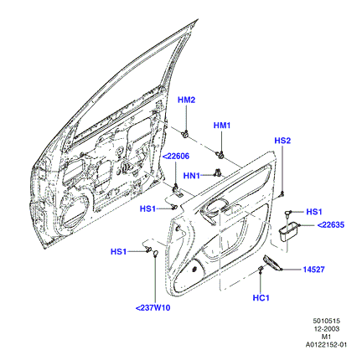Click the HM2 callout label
coord(186,100)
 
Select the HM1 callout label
coord(222,126)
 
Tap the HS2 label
coord(282,141)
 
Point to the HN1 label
coord(192,176)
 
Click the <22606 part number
coord(176,157)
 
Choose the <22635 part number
coord(331,224)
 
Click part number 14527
coord(314,270)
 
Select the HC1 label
coord(261,298)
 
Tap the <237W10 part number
coord(153,308)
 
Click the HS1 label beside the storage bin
coord(314,212)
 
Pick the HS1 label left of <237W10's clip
coord(118,252)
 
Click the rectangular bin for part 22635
coord(289,231)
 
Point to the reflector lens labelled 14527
coord(272,263)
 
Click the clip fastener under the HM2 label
coord(185,134)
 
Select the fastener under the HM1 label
coord(220,155)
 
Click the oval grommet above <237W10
coord(156,254)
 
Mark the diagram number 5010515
coord(326,321)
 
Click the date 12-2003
coord(326,329)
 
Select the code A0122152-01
coord(326,345)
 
